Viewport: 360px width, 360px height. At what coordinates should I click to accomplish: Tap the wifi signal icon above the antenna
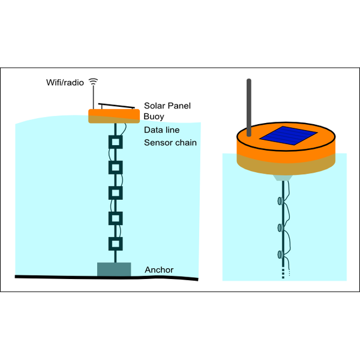click(93, 81)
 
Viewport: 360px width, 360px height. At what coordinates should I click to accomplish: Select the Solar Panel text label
click(167, 106)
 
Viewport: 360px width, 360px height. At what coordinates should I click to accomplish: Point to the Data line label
click(161, 130)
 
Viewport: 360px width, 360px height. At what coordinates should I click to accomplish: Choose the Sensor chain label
click(170, 143)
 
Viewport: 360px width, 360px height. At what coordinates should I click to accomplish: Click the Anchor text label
click(159, 270)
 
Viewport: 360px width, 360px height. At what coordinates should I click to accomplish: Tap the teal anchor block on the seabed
click(114, 269)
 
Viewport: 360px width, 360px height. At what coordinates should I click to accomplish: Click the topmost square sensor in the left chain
click(115, 142)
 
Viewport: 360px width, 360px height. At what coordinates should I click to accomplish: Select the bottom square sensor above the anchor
click(115, 244)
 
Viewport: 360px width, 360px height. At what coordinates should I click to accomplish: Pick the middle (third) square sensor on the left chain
click(115, 193)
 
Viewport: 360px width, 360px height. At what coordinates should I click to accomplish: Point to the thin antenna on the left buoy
click(93, 97)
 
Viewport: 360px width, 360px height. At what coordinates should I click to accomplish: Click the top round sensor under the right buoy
click(280, 201)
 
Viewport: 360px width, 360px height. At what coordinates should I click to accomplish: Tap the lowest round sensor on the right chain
click(280, 254)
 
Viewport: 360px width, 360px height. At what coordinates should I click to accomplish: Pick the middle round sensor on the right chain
click(280, 227)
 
